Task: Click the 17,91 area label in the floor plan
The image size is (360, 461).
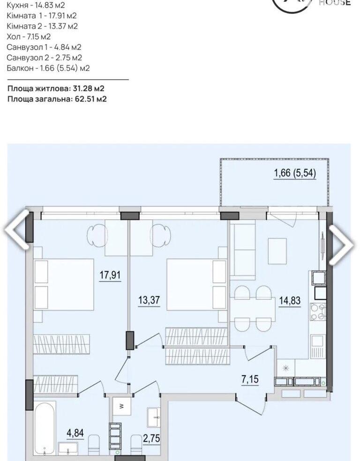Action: (110, 275)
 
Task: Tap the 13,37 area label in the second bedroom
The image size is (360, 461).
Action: (149, 300)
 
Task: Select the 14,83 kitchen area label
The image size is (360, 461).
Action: (290, 300)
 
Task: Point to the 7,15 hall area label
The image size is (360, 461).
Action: (250, 379)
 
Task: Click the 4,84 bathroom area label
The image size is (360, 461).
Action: (75, 433)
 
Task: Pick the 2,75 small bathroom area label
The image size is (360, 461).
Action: (152, 439)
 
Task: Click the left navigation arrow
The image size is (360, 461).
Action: (17, 229)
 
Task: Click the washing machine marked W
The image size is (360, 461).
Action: (122, 406)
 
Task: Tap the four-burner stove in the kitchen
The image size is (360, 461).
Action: (318, 312)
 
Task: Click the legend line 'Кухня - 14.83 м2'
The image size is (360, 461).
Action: (36, 5)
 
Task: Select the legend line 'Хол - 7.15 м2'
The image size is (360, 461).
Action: (29, 37)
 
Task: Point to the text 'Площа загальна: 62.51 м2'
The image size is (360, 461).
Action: (57, 99)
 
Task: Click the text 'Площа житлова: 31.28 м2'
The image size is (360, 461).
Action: (56, 88)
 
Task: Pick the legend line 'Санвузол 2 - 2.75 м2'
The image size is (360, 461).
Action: (44, 58)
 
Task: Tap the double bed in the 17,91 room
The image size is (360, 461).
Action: (64, 284)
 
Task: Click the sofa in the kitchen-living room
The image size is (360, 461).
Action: (243, 252)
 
